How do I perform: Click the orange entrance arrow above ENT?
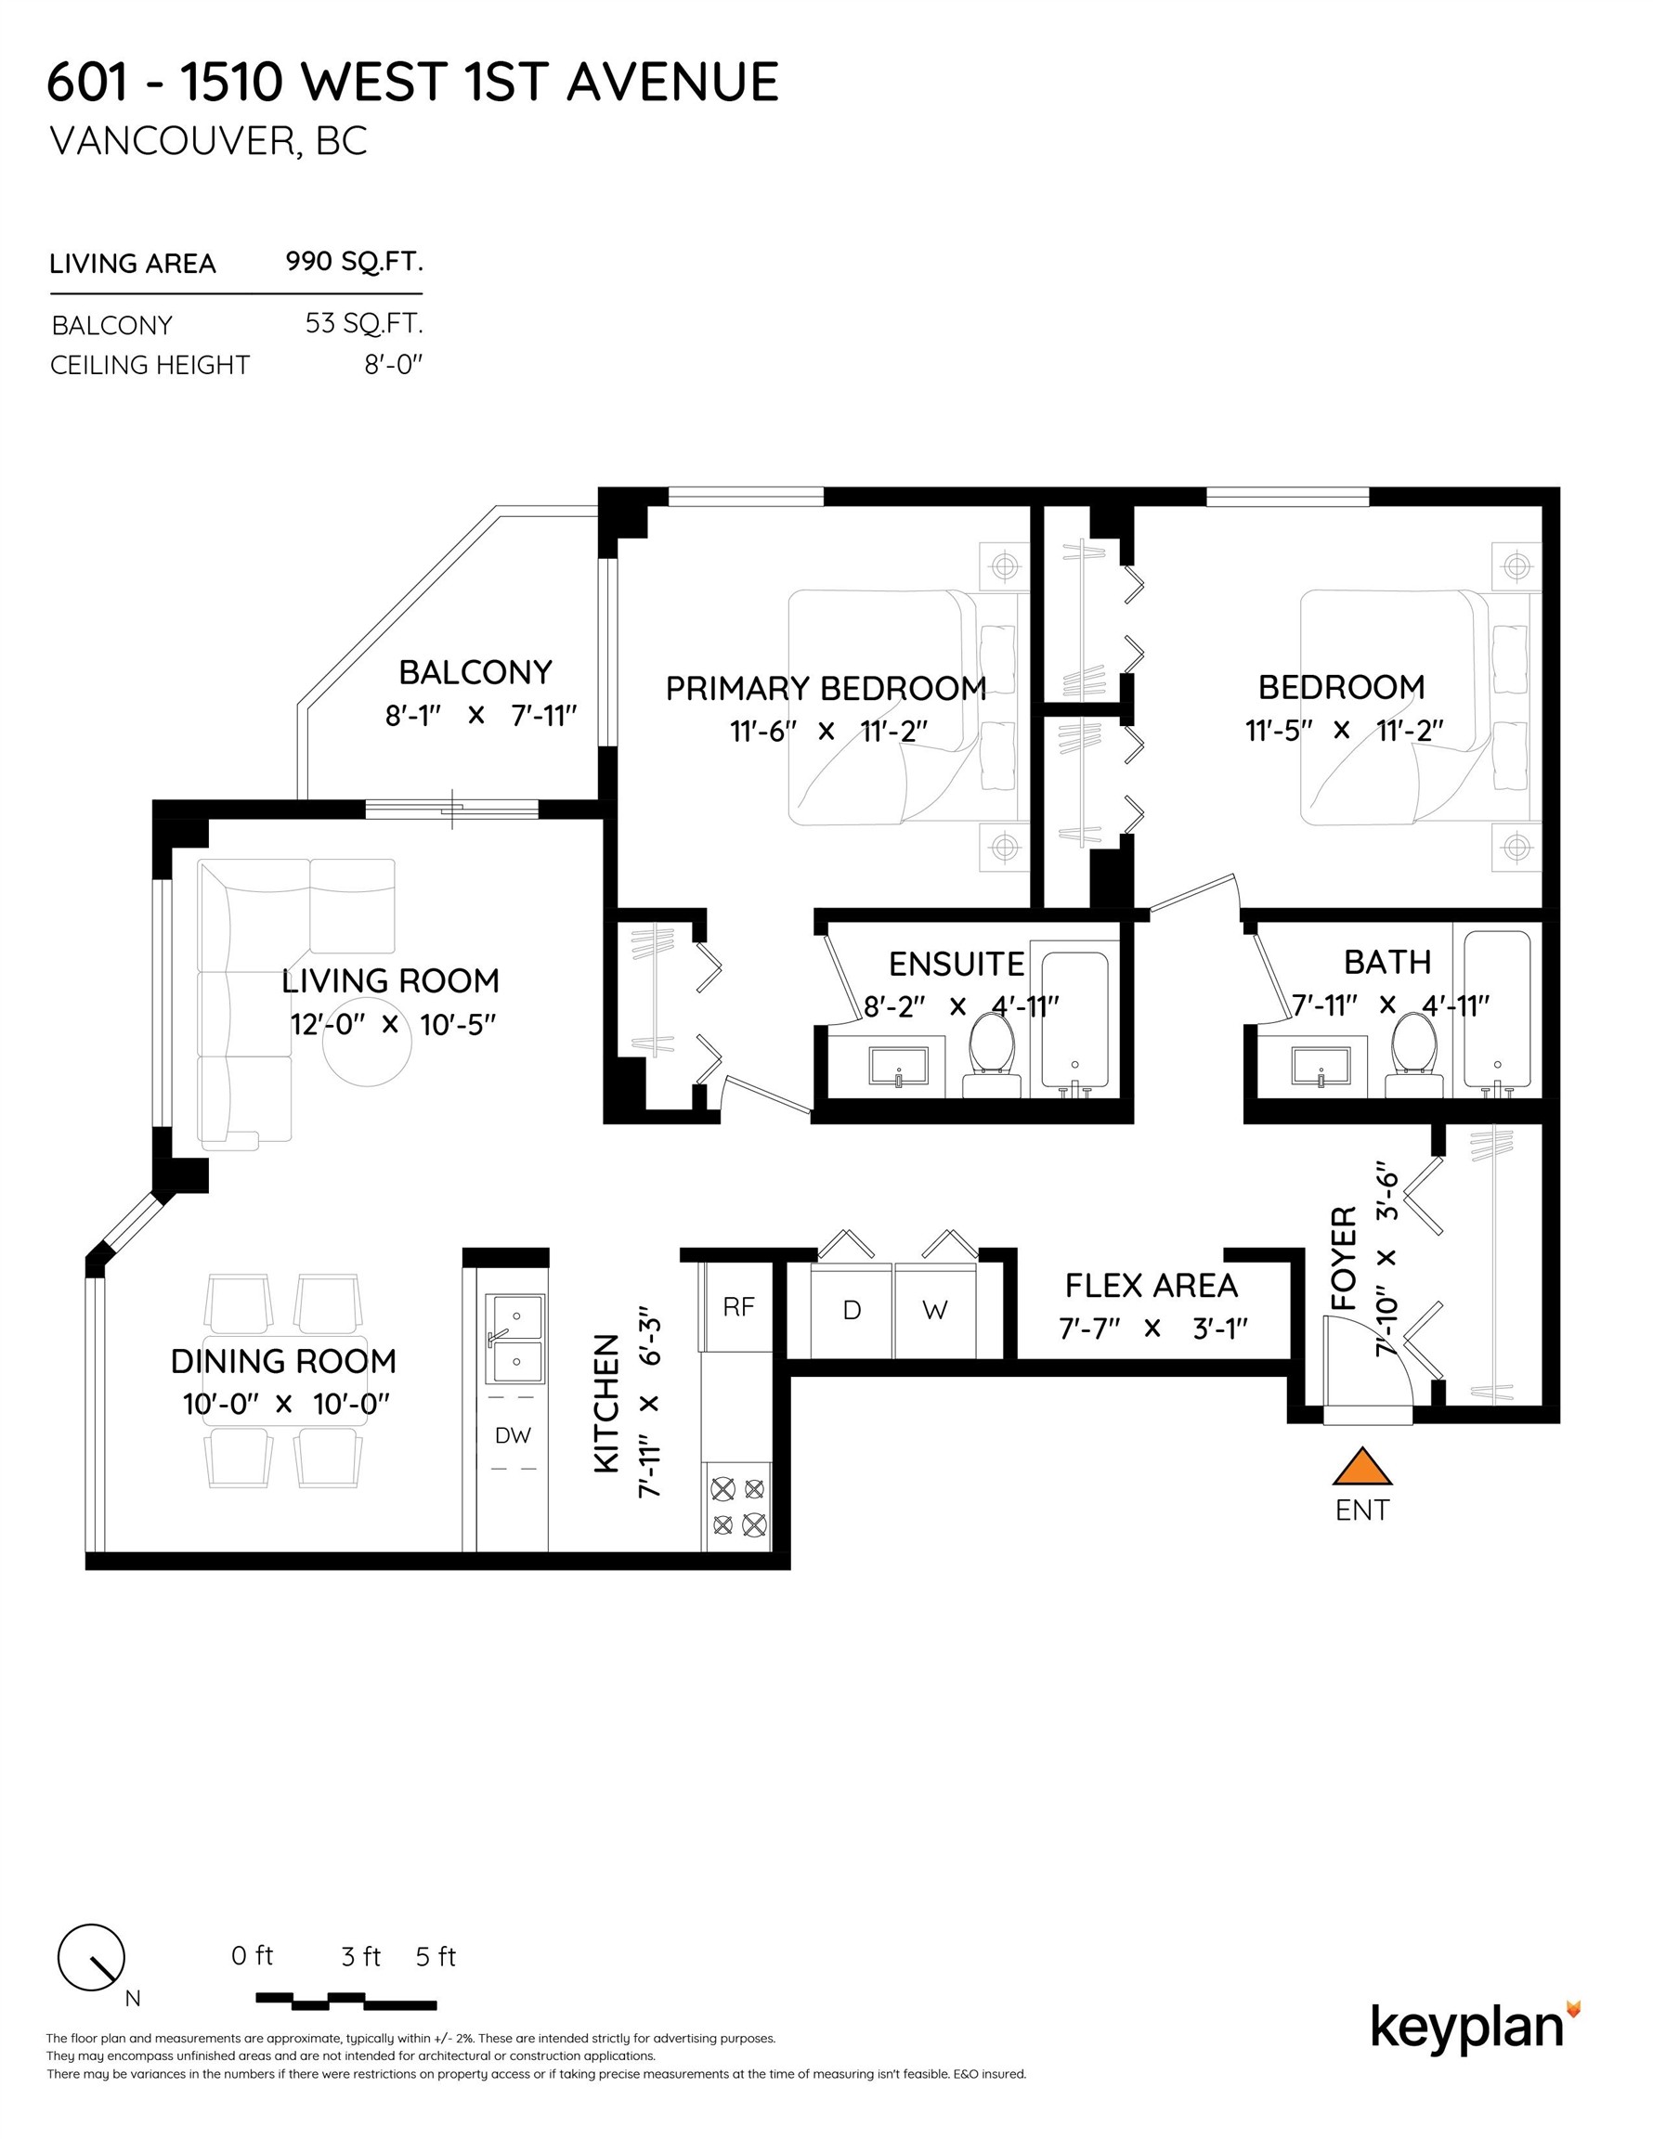[x=1362, y=1468]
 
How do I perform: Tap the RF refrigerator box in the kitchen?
[x=738, y=1306]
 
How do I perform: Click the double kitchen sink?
[x=515, y=1336]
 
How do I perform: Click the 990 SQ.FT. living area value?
[x=354, y=262]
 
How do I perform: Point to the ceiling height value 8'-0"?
[x=393, y=364]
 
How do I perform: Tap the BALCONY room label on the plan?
[x=475, y=672]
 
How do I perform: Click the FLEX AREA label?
[x=1152, y=1285]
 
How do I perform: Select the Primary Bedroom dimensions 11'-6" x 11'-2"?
[x=828, y=731]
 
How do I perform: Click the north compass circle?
[x=91, y=1958]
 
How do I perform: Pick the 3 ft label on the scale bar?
[x=360, y=1957]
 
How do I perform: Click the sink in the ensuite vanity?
[x=897, y=1066]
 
